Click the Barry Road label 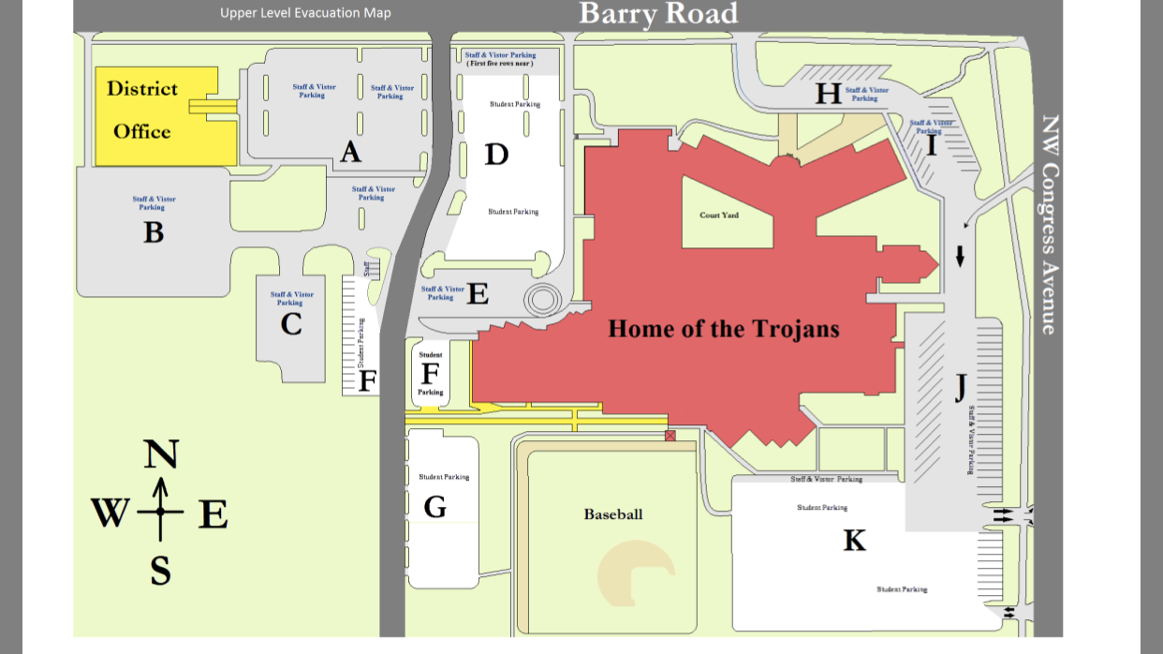[x=658, y=14]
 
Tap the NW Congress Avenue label [x=1050, y=225]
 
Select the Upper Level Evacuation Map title [x=305, y=13]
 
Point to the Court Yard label [x=719, y=216]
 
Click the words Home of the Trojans [x=724, y=329]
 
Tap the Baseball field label [x=613, y=514]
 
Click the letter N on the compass [x=161, y=454]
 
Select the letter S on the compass [x=161, y=571]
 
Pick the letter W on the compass [x=110, y=513]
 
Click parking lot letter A [x=350, y=152]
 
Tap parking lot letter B [x=154, y=231]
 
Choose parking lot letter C [x=291, y=324]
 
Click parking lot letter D [x=496, y=154]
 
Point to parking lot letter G [x=434, y=507]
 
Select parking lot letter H [x=828, y=94]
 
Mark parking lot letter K [x=854, y=541]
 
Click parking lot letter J [x=960, y=386]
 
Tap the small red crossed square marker [x=670, y=436]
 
